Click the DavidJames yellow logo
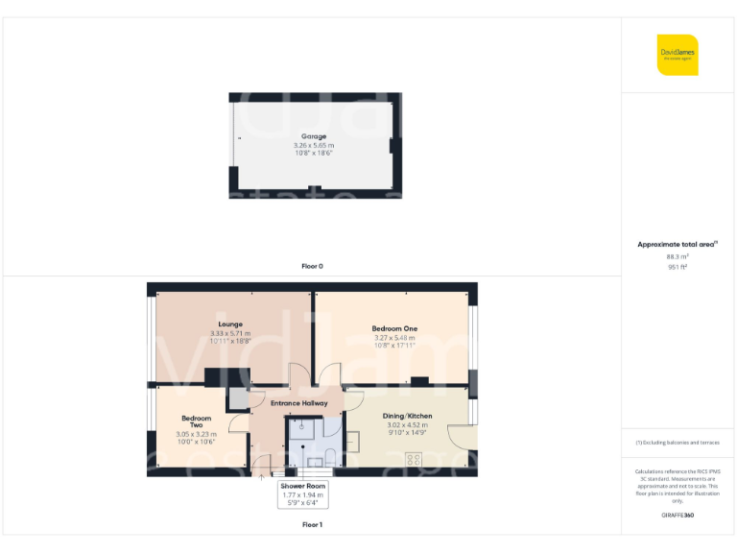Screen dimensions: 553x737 point(678,55)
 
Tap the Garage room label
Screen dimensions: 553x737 point(314,136)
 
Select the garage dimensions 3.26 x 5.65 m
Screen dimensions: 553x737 point(314,145)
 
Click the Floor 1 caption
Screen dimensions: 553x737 point(312,525)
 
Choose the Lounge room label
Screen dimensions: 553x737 point(230,325)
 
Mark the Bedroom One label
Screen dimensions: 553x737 point(393,328)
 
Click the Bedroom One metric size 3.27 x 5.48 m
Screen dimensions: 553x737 point(393,337)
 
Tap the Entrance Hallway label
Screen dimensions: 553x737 point(298,403)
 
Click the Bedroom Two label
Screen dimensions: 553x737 point(197,421)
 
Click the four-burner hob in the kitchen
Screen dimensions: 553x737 point(415,459)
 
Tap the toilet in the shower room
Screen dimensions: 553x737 point(328,455)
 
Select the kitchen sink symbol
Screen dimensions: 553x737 point(353,442)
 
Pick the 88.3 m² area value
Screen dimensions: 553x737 point(678,256)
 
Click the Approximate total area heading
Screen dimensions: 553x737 point(677,245)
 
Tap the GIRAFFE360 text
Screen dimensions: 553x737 point(678,516)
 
